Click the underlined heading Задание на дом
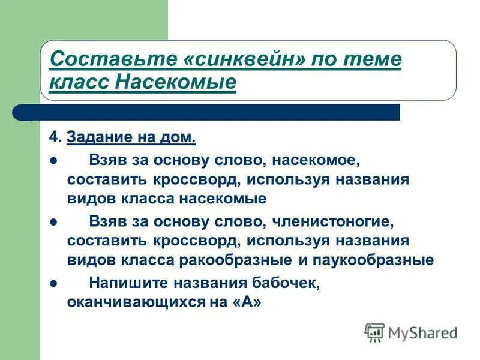tap(131, 138)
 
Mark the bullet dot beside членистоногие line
tap(53, 222)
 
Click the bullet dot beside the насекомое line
tap(53, 161)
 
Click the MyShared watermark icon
tap(374, 332)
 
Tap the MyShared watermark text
tap(422, 332)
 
